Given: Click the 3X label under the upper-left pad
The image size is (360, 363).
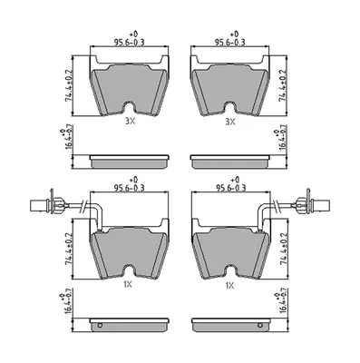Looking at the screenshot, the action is point(131,122).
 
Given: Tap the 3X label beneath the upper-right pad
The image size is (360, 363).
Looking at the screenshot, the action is point(230,122).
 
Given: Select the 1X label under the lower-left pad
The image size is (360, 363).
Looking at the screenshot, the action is point(128,284).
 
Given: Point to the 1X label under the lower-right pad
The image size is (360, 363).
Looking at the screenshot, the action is point(229,285).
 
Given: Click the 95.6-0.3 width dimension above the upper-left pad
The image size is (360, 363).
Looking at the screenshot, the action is point(130,42).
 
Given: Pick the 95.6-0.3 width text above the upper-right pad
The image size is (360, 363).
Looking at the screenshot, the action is point(229,42).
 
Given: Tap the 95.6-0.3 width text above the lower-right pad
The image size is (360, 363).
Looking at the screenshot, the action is point(230,188).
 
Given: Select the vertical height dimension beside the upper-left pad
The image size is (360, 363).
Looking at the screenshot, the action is point(69,85).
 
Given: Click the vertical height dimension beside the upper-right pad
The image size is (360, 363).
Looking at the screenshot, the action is point(283,85).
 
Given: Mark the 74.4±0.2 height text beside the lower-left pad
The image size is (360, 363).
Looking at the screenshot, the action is point(69,249).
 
